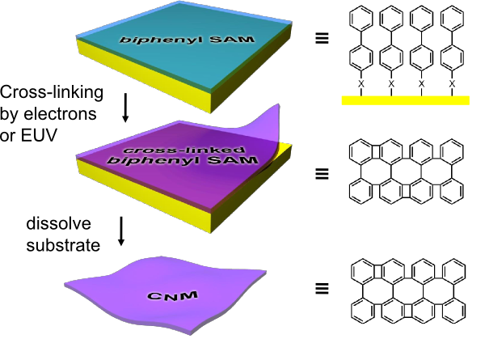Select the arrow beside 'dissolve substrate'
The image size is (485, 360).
pos(120,230)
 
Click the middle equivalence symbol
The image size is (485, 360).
pos(322,172)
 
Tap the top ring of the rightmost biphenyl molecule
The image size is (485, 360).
pos(452,17)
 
